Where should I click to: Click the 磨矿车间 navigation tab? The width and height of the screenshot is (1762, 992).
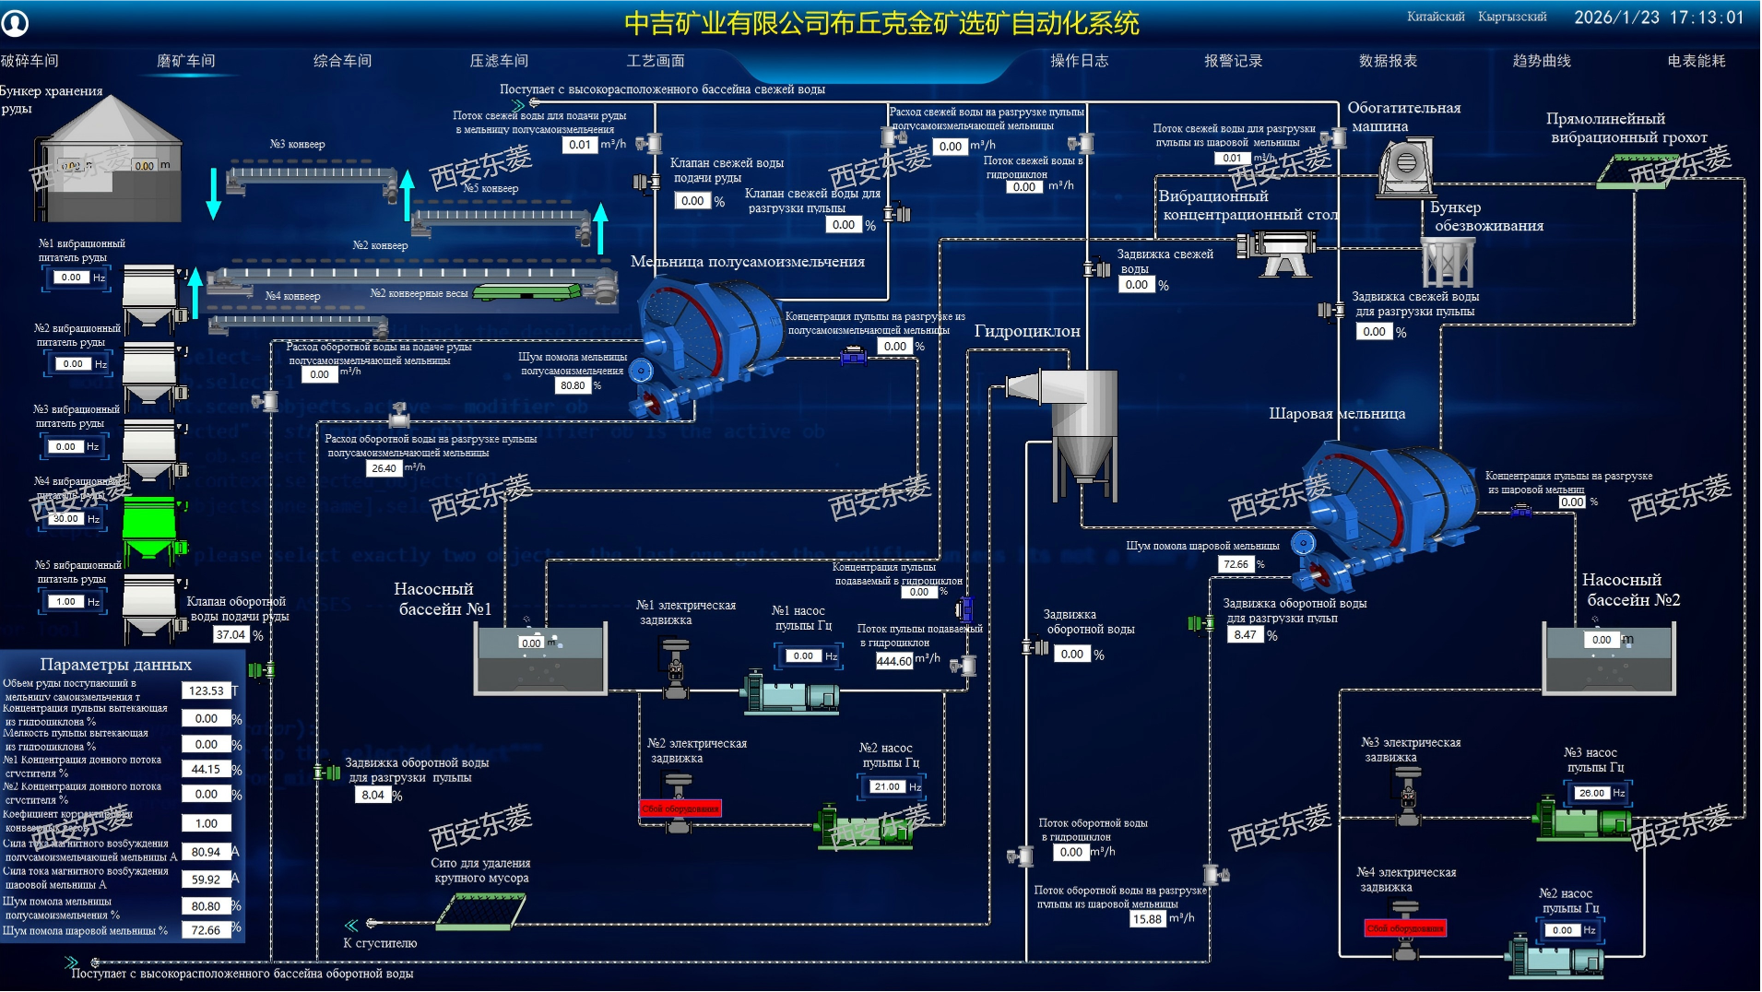[x=185, y=61]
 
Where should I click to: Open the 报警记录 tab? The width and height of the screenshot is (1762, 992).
[x=1233, y=61]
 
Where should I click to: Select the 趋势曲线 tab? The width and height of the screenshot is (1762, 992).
[x=1542, y=61]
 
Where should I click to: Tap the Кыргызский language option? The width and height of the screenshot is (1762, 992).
[x=1512, y=17]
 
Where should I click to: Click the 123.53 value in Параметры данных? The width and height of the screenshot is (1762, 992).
[x=206, y=691]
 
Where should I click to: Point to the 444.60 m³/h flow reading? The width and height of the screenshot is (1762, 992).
[x=893, y=660]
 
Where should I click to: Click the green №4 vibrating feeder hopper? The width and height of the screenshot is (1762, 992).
[x=149, y=528]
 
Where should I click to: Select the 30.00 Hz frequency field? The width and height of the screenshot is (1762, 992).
[x=65, y=519]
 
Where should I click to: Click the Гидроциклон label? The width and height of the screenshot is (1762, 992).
[x=1027, y=331]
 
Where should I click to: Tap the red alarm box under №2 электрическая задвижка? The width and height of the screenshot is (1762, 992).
[x=680, y=809]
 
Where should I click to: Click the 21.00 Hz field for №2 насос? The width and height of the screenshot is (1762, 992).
[x=887, y=786]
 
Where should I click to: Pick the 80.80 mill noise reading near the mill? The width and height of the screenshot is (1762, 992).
[x=572, y=385]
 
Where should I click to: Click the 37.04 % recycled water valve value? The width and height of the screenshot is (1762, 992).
[x=231, y=634]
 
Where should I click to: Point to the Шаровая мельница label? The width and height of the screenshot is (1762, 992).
[x=1337, y=414]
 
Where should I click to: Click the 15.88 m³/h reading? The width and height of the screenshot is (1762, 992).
[x=1147, y=919]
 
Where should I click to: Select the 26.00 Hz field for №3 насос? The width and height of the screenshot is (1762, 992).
[x=1591, y=793]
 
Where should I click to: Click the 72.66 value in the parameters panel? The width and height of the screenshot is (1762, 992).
[x=206, y=930]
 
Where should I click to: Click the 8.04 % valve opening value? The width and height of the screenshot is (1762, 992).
[x=373, y=795]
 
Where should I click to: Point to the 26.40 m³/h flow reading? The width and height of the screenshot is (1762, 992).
[x=384, y=468]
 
